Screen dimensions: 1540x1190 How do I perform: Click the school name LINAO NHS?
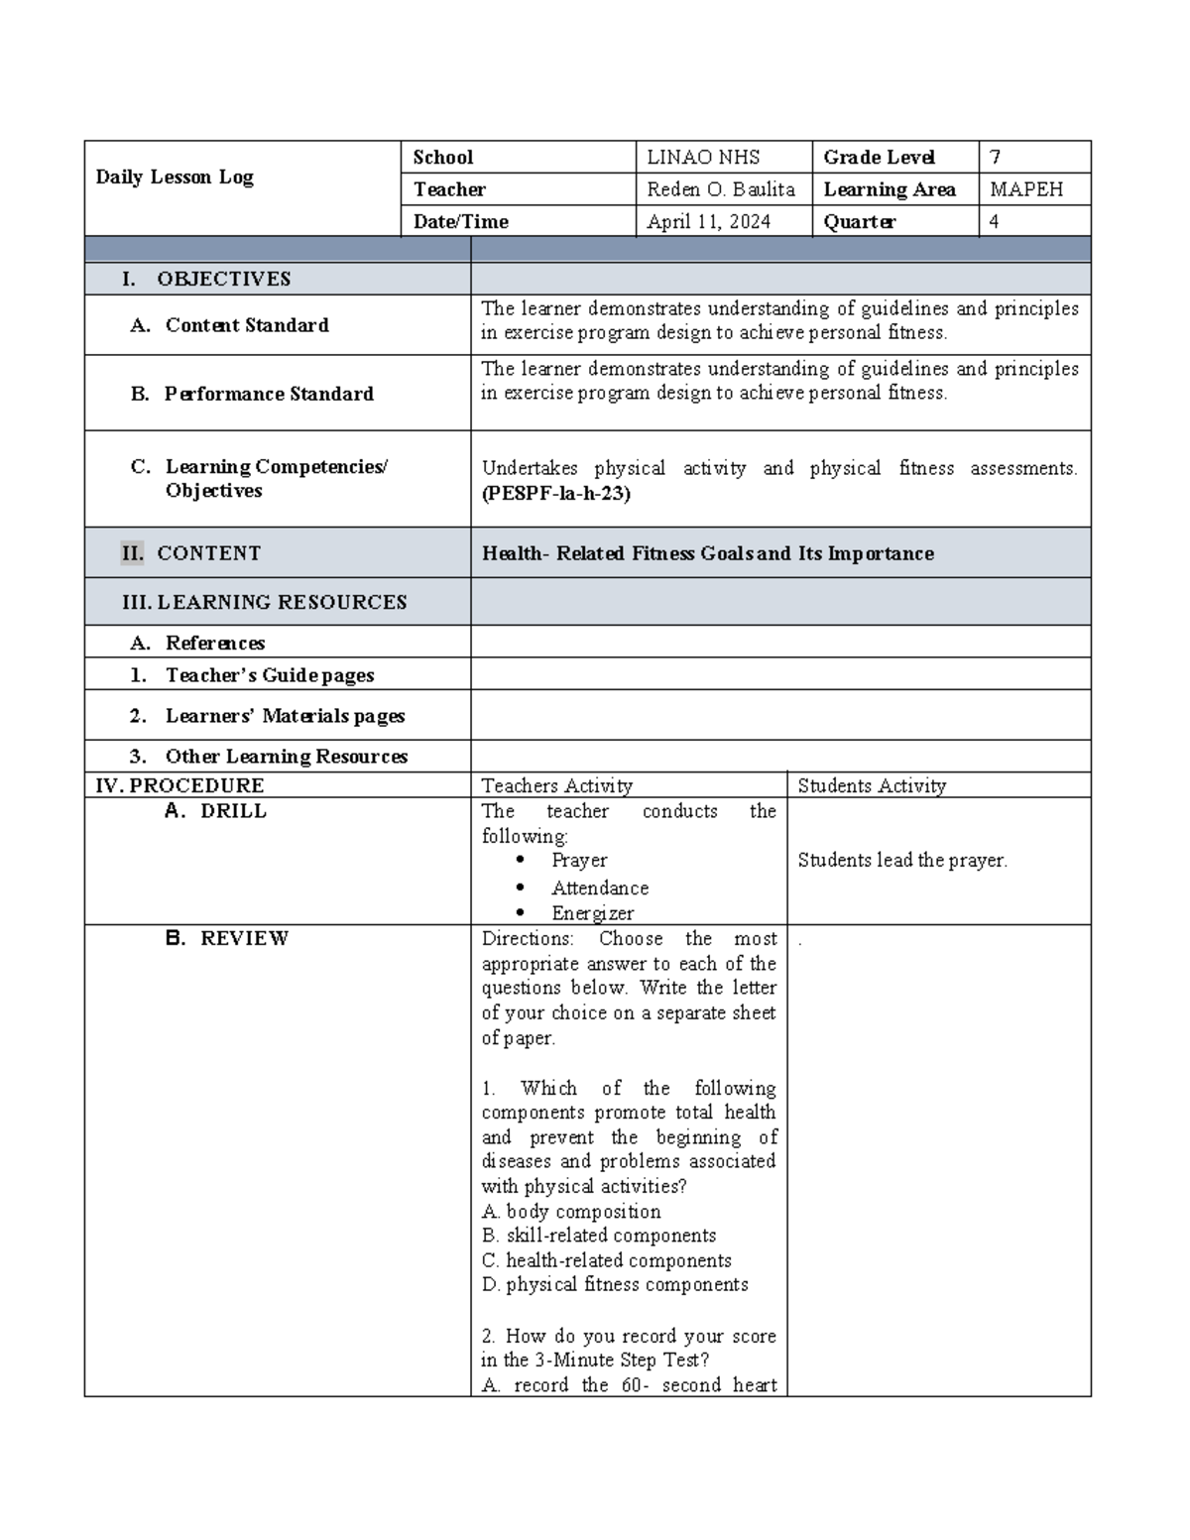click(x=703, y=158)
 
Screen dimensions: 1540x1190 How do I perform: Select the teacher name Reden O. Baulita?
click(x=721, y=189)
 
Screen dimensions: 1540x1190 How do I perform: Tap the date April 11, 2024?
click(x=708, y=222)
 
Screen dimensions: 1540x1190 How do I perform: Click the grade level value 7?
click(x=995, y=158)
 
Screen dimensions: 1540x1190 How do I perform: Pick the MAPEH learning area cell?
click(x=1026, y=189)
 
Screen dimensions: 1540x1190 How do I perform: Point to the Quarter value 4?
click(x=994, y=222)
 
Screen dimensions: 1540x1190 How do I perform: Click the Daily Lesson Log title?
click(x=175, y=178)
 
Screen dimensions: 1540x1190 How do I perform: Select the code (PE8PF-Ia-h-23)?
click(x=555, y=493)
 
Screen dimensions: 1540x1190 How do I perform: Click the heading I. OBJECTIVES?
click(x=206, y=280)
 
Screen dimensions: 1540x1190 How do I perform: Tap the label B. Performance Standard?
click(x=253, y=394)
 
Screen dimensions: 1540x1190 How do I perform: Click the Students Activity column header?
click(x=872, y=786)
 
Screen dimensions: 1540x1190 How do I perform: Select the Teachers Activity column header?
click(x=556, y=786)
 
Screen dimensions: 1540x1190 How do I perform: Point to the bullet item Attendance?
click(x=600, y=888)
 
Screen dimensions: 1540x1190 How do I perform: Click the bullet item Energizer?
click(x=592, y=913)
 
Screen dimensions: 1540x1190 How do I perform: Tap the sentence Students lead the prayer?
click(x=902, y=861)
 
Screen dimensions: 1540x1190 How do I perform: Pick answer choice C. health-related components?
click(x=607, y=1260)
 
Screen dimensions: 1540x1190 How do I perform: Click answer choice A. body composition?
click(x=571, y=1212)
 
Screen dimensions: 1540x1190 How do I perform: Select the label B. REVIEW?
click(x=228, y=938)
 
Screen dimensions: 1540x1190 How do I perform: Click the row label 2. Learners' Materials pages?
click(x=268, y=716)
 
